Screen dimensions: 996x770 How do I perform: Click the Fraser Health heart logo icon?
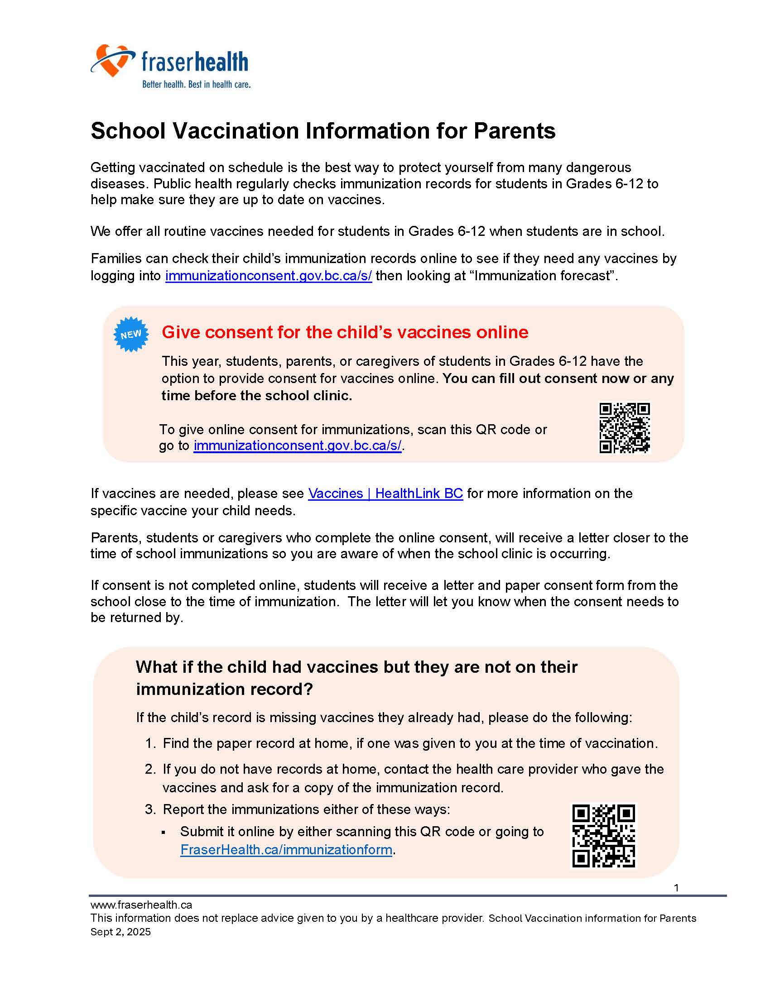tap(111, 60)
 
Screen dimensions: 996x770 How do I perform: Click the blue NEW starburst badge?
tap(131, 334)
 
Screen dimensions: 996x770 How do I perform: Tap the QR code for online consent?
tap(624, 428)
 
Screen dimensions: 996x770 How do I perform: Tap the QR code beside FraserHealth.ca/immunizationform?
tap(603, 835)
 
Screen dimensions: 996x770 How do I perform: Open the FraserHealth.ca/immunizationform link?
tap(286, 850)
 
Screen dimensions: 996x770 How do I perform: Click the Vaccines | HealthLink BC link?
tap(385, 493)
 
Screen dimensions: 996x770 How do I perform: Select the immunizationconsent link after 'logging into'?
tap(268, 276)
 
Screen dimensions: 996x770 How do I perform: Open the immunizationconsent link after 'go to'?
tap(298, 445)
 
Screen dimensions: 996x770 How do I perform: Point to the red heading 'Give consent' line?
tap(345, 332)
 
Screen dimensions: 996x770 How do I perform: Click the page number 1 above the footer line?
tap(676, 888)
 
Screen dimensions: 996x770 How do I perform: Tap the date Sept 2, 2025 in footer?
tap(120, 932)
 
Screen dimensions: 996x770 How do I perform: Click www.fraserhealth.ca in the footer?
tap(141, 905)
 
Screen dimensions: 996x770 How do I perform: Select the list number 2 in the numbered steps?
tap(150, 769)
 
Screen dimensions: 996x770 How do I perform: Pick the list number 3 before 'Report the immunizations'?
tap(150, 809)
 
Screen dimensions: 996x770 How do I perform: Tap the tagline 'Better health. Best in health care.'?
tap(196, 84)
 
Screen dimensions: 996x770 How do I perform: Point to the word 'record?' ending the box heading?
tap(283, 689)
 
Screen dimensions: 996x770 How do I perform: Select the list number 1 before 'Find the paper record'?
tap(150, 743)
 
